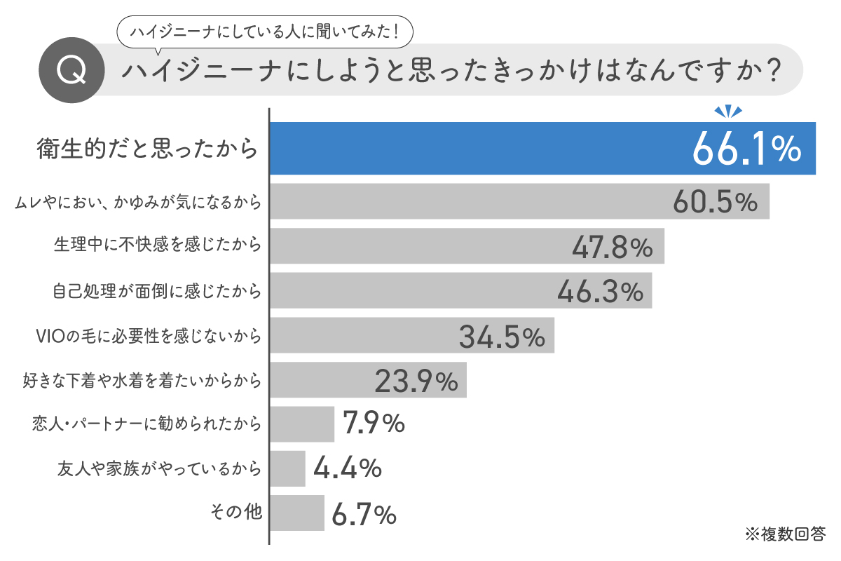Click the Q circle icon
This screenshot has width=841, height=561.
(71, 71)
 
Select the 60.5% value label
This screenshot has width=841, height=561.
(715, 202)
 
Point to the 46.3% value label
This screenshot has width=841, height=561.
(600, 291)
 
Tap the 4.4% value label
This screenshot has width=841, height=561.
(347, 468)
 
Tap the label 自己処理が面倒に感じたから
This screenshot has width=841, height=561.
(158, 290)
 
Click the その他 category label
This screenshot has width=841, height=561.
(236, 512)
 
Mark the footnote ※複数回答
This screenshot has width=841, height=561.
(785, 534)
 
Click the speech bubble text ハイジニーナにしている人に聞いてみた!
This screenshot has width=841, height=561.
(262, 31)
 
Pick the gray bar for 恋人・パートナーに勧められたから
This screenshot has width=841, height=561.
(302, 424)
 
